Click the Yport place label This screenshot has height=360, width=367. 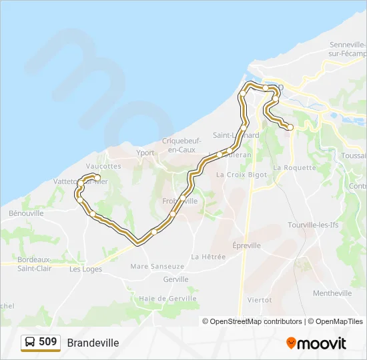(x=145, y=153)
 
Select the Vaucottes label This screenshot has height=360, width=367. (x=103, y=166)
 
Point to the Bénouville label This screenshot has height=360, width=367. (x=26, y=213)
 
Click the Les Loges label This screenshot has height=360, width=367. (x=85, y=269)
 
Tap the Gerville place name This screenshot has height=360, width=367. (x=175, y=279)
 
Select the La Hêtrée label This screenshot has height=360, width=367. (x=208, y=256)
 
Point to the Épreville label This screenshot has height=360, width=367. (x=246, y=245)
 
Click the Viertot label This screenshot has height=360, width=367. (x=260, y=300)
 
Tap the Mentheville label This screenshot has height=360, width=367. (x=332, y=293)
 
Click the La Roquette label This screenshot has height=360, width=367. (x=295, y=168)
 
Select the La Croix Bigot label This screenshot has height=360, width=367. (x=242, y=175)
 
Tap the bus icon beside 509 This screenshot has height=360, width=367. (x=30, y=342)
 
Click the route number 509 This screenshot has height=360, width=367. (x=48, y=342)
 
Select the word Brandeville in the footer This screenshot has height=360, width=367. (x=93, y=343)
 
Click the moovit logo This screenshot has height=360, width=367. (x=316, y=343)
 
